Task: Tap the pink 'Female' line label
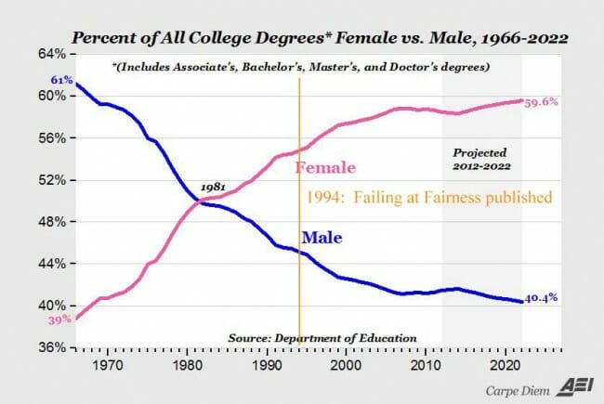click(x=325, y=168)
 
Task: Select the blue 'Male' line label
click(x=322, y=238)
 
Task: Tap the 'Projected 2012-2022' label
click(x=482, y=159)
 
